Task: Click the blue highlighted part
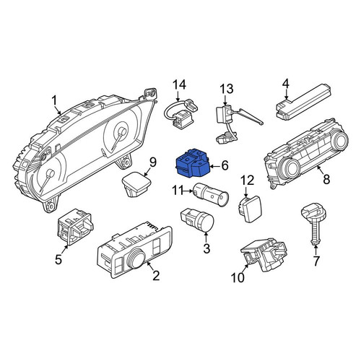tap(193, 162)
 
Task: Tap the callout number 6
tap(225, 165)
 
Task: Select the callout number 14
tap(180, 85)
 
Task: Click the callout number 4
tap(285, 83)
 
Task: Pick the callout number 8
tap(326, 179)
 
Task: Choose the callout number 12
tap(247, 180)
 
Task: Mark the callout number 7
tap(316, 261)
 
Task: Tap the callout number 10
tap(238, 277)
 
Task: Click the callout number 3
tap(206, 248)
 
